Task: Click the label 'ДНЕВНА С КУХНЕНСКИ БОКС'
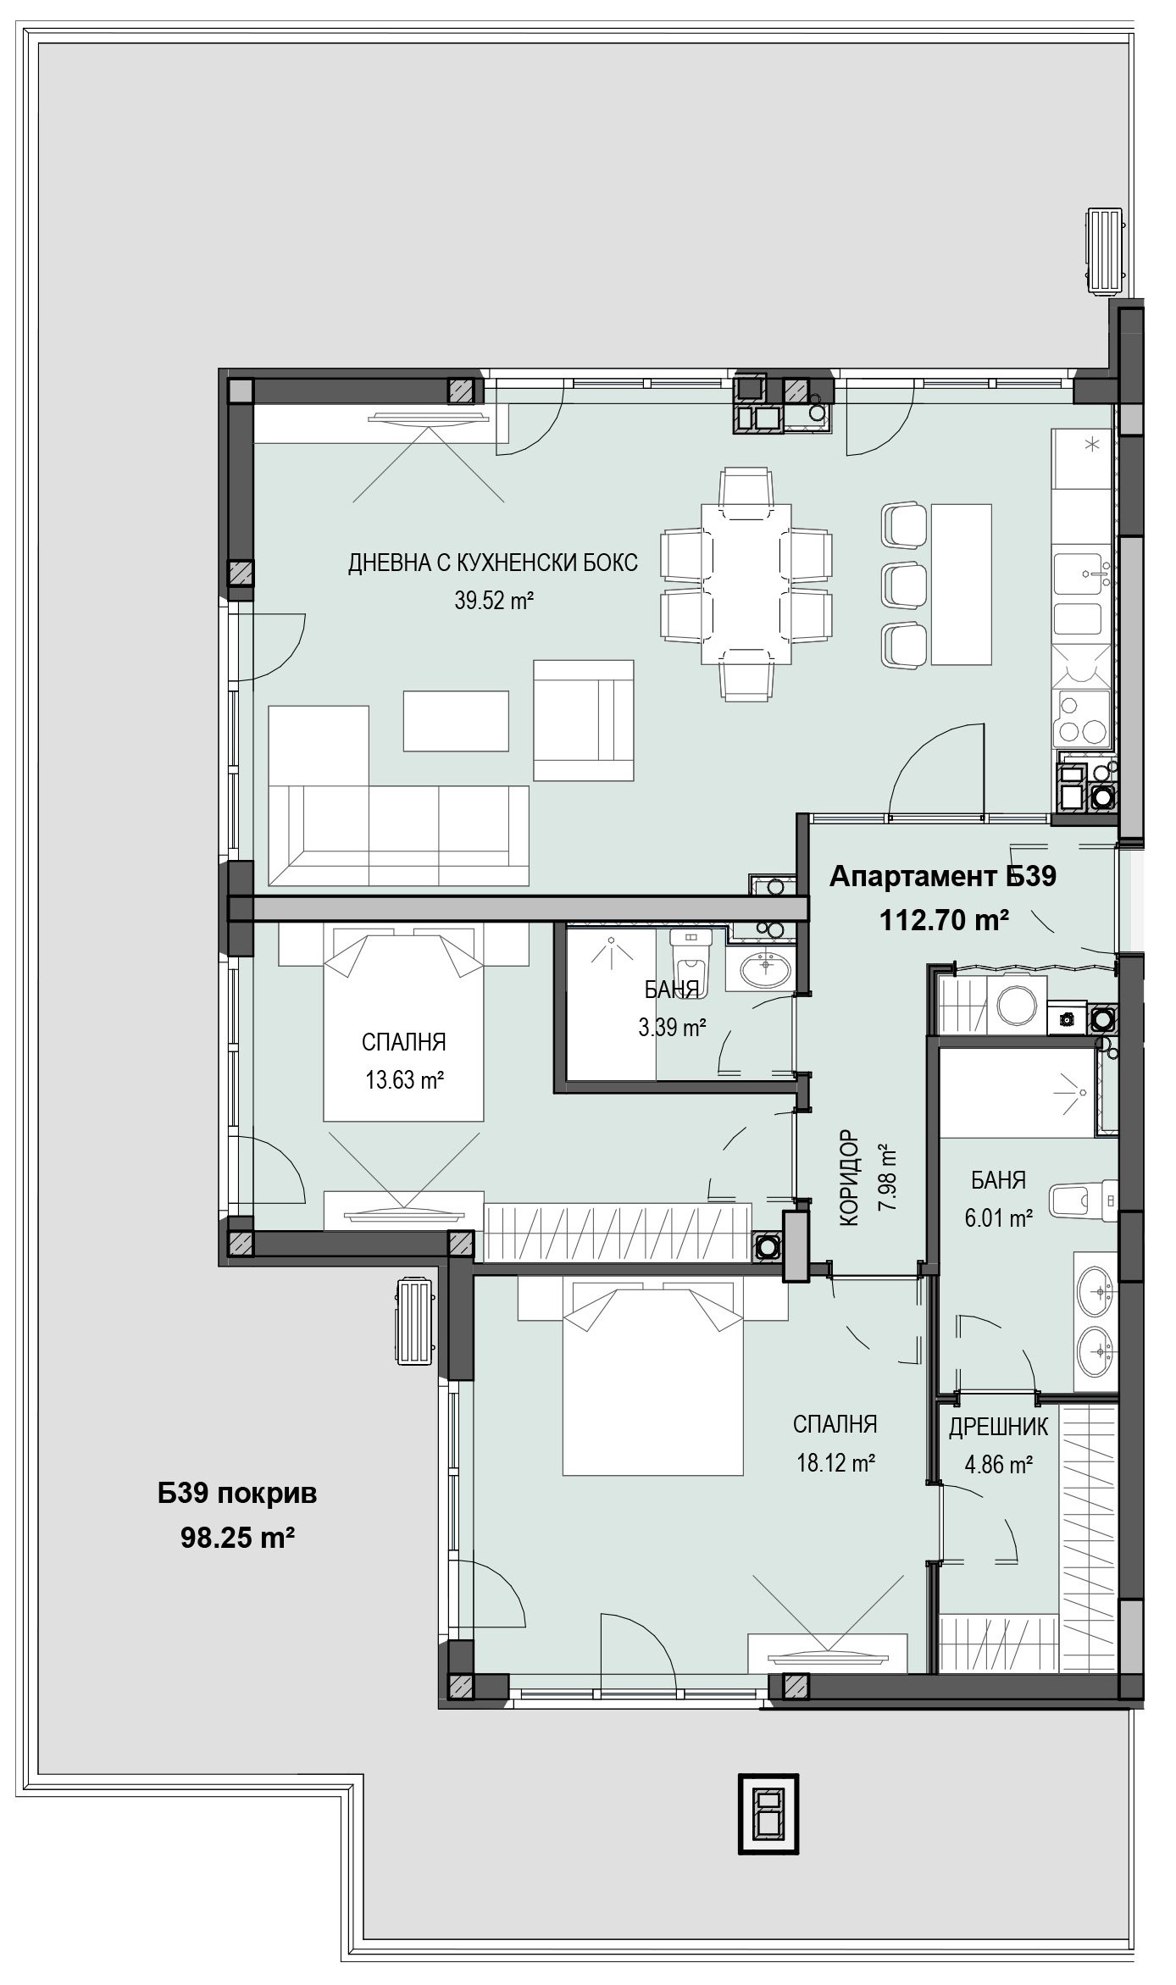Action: point(493,563)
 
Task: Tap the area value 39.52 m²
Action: point(494,601)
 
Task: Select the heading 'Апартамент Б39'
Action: point(943,876)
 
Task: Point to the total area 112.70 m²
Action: point(945,919)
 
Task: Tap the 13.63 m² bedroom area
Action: point(405,1080)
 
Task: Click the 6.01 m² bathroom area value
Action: point(998,1218)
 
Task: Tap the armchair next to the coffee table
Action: point(584,720)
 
